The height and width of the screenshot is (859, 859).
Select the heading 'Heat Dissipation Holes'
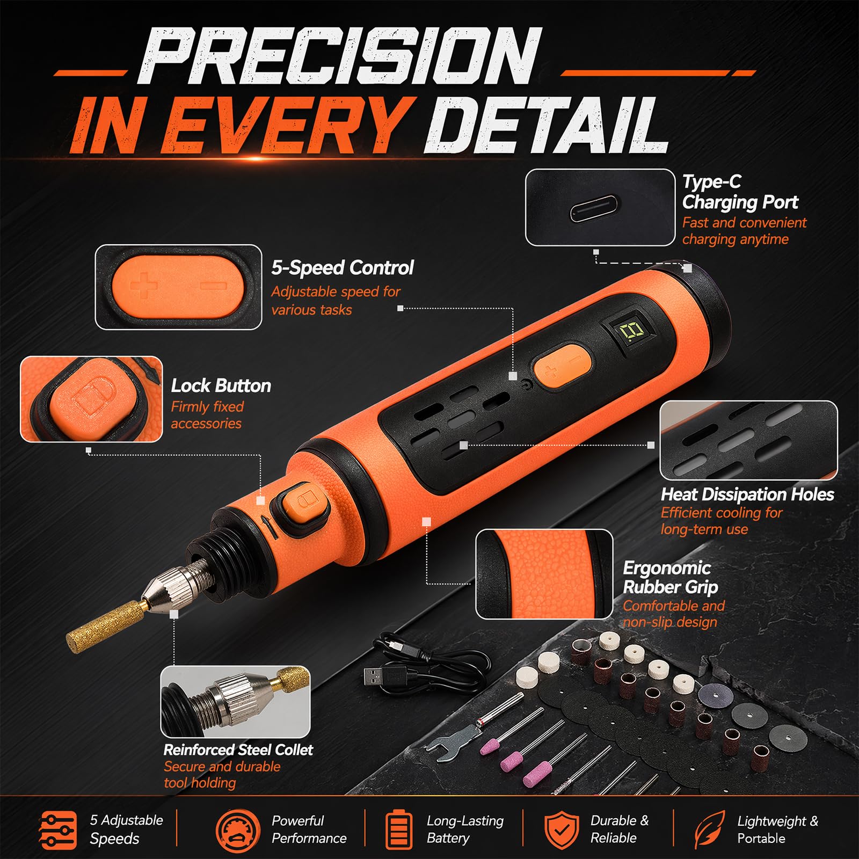coord(747,494)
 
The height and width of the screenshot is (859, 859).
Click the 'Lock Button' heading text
coord(221,385)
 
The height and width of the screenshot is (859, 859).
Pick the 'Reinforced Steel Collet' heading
coord(238,749)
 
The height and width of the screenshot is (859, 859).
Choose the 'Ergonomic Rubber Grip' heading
coord(671,577)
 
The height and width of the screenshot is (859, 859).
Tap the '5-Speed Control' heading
coord(343,267)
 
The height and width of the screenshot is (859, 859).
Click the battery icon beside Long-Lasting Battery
coord(399,830)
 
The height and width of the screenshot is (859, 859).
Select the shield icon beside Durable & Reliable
coord(562,830)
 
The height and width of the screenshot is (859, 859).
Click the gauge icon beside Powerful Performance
coord(234,830)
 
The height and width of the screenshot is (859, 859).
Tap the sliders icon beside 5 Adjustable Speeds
coord(58,830)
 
